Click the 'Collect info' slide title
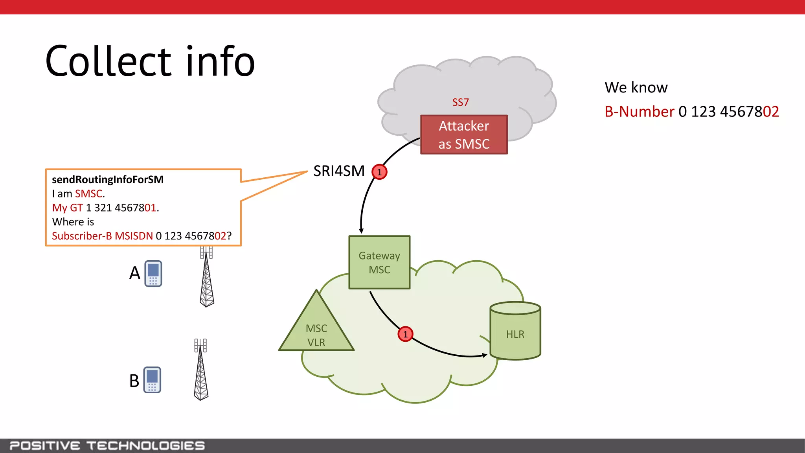click(150, 62)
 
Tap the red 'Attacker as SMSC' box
click(464, 135)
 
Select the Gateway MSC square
click(379, 263)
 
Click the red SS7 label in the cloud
click(460, 103)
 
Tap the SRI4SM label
click(339, 171)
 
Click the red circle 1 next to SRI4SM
click(379, 172)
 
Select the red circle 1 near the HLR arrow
click(405, 334)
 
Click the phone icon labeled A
click(153, 273)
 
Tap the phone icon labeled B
click(152, 380)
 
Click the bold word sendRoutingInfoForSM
click(108, 180)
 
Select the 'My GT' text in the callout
click(67, 208)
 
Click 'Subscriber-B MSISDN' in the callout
click(102, 236)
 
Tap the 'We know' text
click(636, 87)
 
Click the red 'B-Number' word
click(639, 112)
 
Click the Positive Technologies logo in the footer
click(107, 446)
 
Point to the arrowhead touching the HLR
click(485, 355)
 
